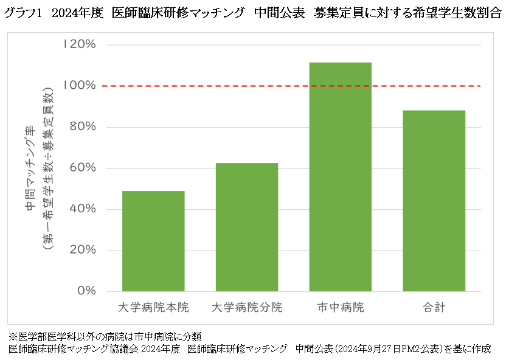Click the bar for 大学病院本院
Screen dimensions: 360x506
(x=154, y=241)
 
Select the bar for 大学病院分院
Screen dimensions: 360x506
(x=248, y=227)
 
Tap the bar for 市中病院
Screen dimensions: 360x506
(x=341, y=176)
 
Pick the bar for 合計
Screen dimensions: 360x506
(x=434, y=201)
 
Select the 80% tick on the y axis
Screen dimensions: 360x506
(x=81, y=127)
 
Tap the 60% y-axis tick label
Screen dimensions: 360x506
(x=81, y=168)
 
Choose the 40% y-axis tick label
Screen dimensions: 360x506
(x=81, y=209)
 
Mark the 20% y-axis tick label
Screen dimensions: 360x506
(x=81, y=250)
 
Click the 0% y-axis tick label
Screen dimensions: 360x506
(x=85, y=291)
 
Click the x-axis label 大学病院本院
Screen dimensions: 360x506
(x=154, y=308)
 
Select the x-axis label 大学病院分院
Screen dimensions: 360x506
(x=248, y=308)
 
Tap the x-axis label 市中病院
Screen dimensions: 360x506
(x=341, y=308)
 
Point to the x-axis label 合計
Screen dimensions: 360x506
(x=434, y=308)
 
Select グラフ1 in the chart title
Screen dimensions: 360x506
(x=24, y=14)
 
